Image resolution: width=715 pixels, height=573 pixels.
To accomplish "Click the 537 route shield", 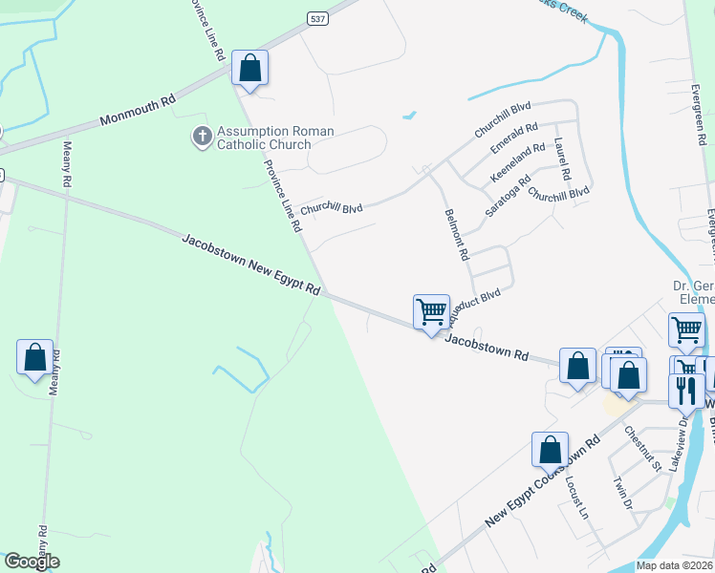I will pyautogui.click(x=316, y=18).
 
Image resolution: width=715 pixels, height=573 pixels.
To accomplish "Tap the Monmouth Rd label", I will pyautogui.click(x=139, y=112).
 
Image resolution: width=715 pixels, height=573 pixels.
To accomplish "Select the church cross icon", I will pyautogui.click(x=202, y=138).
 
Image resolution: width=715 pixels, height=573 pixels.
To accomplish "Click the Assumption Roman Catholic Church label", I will pyautogui.click(x=263, y=138).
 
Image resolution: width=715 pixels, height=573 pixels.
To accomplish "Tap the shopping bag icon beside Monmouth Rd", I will pyautogui.click(x=249, y=69).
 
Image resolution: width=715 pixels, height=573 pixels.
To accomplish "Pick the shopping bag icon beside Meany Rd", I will pyautogui.click(x=35, y=357).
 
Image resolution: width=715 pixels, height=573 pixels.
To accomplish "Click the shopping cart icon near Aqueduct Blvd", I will pyautogui.click(x=431, y=311).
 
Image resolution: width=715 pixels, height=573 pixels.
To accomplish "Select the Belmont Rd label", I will pyautogui.click(x=456, y=235).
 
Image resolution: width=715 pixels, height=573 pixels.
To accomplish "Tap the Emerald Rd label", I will pyautogui.click(x=514, y=139).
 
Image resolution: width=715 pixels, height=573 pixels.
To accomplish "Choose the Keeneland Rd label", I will pyautogui.click(x=517, y=163).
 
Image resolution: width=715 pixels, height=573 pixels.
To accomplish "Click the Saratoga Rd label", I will pyautogui.click(x=507, y=196).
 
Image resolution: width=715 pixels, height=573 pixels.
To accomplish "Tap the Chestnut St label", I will pyautogui.click(x=642, y=448).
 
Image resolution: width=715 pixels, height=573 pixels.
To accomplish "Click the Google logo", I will pyautogui.click(x=31, y=562).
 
